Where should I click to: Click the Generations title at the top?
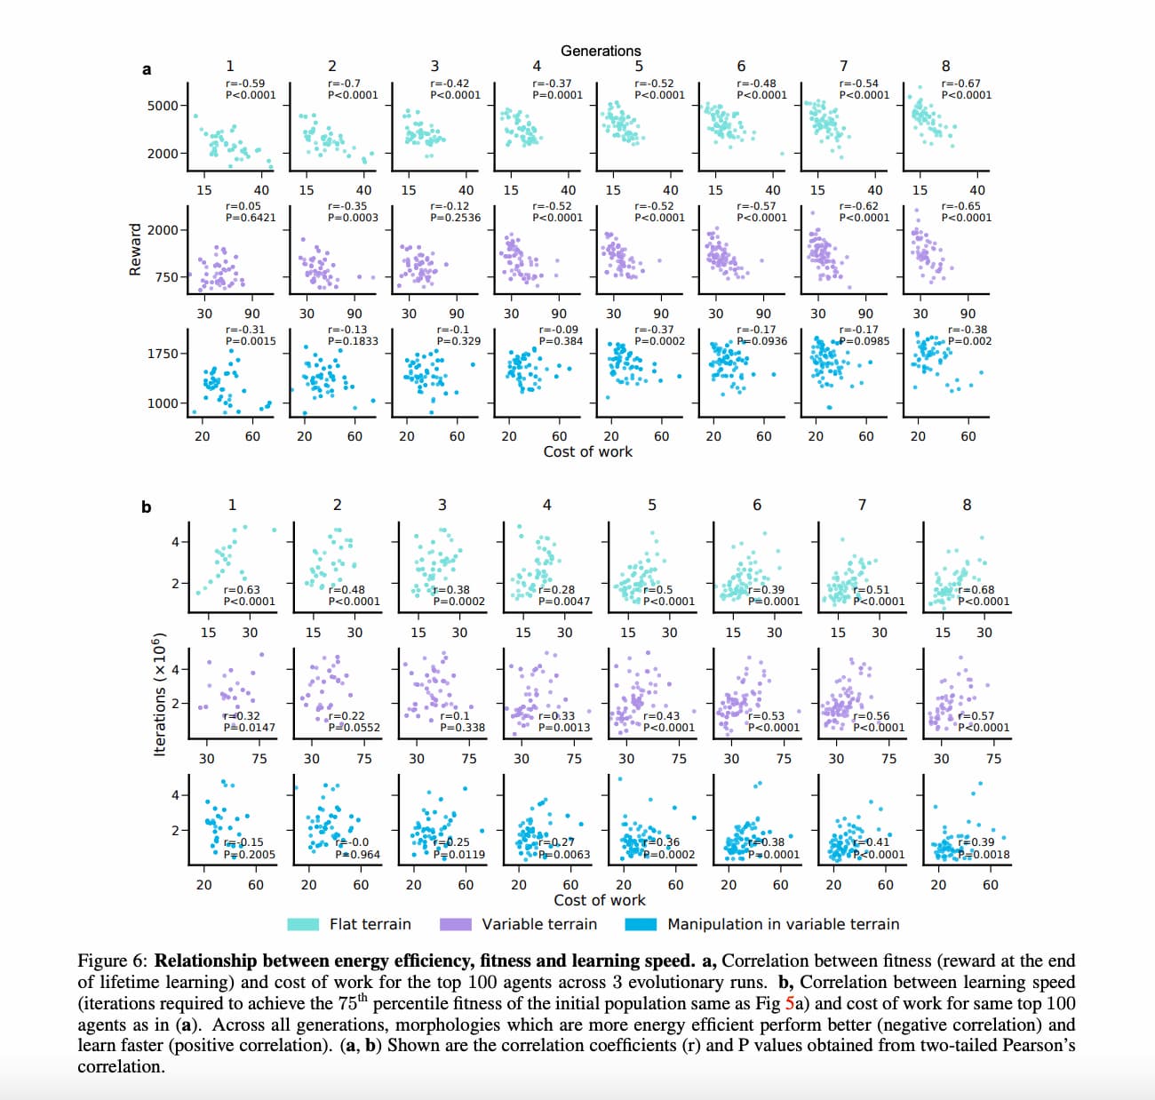tap(601, 51)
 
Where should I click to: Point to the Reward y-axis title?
tap(136, 250)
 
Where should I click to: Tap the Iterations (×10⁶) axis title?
tap(160, 696)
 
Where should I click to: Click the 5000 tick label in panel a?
tap(163, 106)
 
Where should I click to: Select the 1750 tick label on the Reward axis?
tap(163, 354)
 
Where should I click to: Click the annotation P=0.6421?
tap(251, 218)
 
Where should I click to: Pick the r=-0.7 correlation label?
tap(345, 84)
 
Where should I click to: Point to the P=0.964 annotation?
tap(358, 855)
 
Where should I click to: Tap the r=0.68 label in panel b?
tap(976, 589)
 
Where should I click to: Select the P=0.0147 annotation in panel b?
tap(250, 728)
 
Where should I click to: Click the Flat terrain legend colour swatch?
tap(303, 925)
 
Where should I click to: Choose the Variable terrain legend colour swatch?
tap(456, 925)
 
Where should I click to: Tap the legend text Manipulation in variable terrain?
tap(784, 925)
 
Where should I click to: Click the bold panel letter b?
tap(147, 507)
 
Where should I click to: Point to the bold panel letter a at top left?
tap(147, 69)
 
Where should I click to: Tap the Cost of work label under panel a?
tap(588, 451)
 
